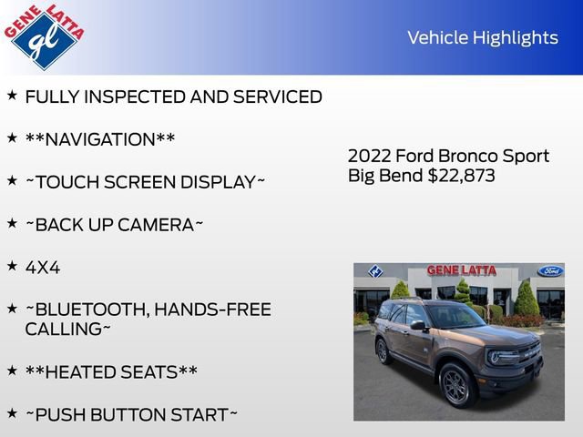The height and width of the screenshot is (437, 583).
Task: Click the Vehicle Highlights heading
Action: coord(482,37)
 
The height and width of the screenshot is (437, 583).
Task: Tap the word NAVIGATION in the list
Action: coord(100,139)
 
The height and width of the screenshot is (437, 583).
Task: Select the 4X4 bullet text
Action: coord(43,267)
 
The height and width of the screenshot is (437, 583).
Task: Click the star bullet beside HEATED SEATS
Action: coord(12,371)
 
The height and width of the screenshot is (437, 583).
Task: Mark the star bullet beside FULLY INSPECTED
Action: coord(12,95)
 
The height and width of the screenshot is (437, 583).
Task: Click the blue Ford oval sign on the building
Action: coord(549,271)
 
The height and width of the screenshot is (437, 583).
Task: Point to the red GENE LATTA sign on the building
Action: coord(463,270)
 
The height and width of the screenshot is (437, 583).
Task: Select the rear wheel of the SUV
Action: coord(383,350)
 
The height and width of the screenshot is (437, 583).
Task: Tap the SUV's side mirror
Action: coord(417,325)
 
